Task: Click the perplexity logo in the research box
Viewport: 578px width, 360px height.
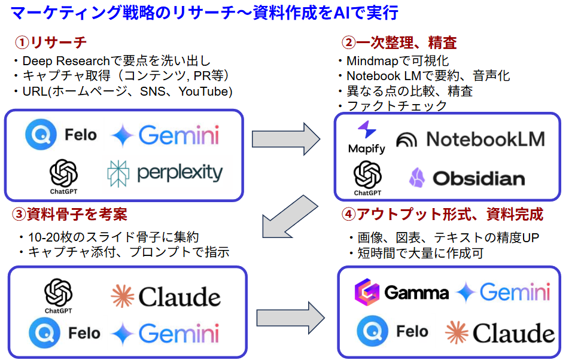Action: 165,173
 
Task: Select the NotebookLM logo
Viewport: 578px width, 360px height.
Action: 470,139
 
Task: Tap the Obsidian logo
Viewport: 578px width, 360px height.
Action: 467,178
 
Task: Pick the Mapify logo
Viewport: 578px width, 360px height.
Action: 366,138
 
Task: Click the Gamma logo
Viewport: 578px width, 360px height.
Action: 401,292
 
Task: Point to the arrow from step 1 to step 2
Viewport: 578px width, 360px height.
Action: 287,139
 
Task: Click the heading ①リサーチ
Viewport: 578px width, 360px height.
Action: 51,42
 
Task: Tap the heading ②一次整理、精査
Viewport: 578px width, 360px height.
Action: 399,42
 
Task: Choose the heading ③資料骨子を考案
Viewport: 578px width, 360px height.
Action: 69,214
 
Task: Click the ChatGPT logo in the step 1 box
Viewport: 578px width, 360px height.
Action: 64,174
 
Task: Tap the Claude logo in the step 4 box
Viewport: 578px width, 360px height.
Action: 500,333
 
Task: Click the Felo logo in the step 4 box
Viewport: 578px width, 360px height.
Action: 393,331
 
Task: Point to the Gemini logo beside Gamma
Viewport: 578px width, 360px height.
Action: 503,292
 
